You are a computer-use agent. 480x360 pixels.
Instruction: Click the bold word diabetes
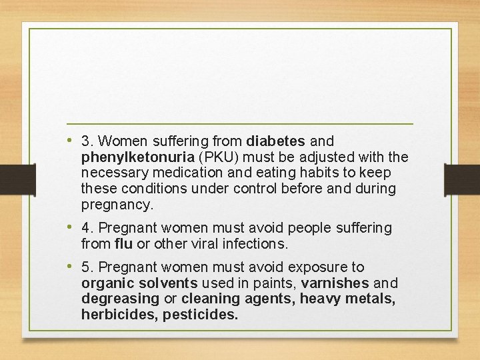[276, 141]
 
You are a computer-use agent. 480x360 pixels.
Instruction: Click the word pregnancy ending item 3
[117, 205]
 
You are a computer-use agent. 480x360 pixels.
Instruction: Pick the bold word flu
[124, 243]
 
